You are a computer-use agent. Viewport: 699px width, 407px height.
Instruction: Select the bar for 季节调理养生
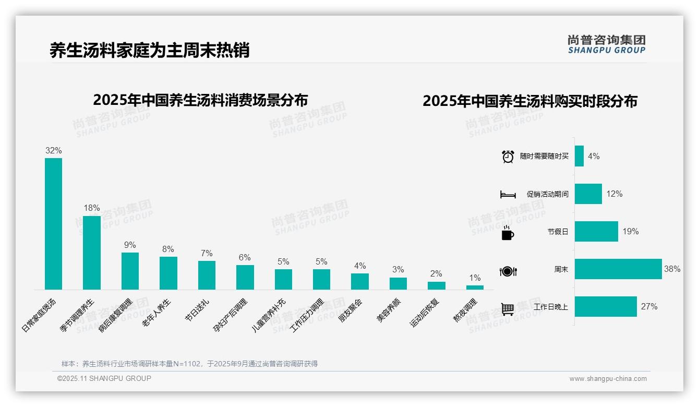coord(92,253)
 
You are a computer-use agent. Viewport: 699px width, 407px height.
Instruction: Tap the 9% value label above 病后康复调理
coord(130,245)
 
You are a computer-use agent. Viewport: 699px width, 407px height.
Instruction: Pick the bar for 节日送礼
coord(207,275)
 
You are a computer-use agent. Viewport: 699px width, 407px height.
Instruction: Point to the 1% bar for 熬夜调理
coord(475,288)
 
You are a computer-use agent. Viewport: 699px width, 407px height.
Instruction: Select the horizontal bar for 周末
coord(618,269)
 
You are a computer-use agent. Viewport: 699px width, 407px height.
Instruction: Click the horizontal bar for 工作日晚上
coord(606,307)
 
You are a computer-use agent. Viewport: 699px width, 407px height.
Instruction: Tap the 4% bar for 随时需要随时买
coord(579,156)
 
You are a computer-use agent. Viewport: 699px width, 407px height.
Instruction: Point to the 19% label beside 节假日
coord(630,231)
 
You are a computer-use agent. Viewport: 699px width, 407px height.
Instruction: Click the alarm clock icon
coord(508,157)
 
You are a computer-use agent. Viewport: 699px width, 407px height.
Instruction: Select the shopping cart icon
coord(508,309)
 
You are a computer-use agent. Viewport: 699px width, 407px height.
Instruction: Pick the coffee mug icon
coord(508,233)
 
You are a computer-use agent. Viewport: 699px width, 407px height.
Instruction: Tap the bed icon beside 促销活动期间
coord(508,195)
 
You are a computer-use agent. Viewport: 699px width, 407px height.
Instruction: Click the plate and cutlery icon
coord(508,271)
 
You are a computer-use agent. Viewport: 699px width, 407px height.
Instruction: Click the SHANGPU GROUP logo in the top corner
coord(606,44)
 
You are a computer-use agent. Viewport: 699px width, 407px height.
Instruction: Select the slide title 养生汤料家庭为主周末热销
coord(149,50)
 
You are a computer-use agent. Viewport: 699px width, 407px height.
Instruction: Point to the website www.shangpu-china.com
coord(608,379)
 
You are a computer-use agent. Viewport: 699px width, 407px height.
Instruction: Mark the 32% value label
coord(53,150)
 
